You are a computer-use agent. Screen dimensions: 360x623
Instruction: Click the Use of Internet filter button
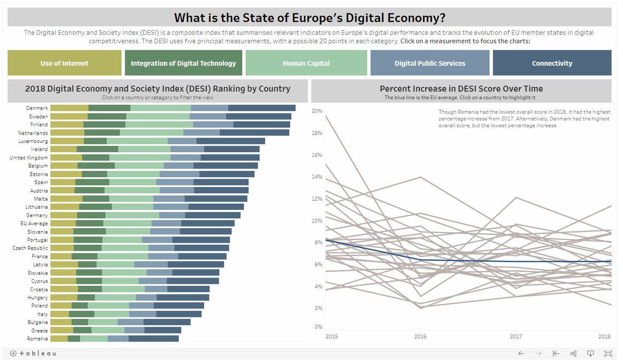(64, 63)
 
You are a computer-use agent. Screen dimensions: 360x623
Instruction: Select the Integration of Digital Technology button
(183, 63)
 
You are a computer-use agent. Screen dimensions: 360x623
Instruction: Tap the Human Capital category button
(306, 63)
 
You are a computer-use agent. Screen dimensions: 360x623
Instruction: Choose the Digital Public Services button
(430, 63)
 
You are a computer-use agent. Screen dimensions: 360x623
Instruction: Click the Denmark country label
(37, 108)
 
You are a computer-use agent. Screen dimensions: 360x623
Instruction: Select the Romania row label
(37, 339)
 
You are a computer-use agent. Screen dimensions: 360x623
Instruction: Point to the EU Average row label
(34, 223)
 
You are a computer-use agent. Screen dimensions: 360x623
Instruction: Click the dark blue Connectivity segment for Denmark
(262, 108)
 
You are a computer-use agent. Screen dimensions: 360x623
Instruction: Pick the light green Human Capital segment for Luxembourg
(137, 141)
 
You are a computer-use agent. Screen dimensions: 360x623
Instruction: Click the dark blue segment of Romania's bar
(153, 339)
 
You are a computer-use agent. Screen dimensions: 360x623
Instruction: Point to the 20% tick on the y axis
(317, 111)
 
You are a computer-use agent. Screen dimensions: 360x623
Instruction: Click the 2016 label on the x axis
(420, 337)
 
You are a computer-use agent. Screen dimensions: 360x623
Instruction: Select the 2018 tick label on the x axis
(604, 337)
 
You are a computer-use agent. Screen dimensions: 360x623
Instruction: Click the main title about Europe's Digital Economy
(309, 18)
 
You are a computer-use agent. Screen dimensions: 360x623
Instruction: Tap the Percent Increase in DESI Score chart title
(461, 88)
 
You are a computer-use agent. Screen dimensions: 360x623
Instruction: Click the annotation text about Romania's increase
(524, 118)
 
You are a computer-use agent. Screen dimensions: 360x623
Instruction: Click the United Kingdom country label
(29, 157)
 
